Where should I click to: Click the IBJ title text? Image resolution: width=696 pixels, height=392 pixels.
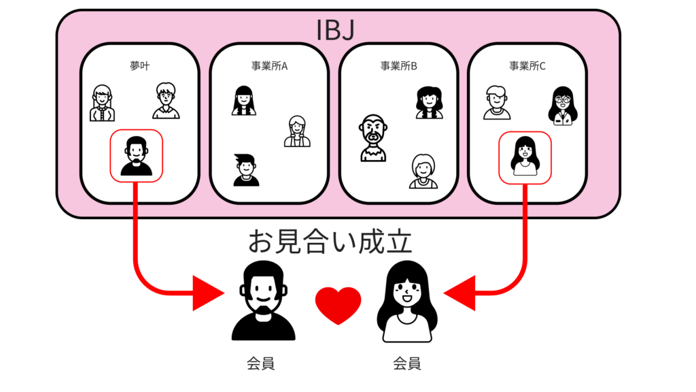(x=336, y=30)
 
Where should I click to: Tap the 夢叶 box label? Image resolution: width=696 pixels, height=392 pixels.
(x=140, y=66)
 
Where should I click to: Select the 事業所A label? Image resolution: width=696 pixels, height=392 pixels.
(x=269, y=66)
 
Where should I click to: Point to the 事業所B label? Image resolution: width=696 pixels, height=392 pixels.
(x=398, y=66)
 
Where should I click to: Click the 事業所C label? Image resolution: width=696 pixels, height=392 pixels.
(x=527, y=66)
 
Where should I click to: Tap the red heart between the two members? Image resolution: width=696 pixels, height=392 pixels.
(x=338, y=306)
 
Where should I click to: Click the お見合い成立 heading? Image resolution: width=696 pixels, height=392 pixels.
(x=330, y=242)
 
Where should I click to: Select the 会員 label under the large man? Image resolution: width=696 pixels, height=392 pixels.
(x=260, y=363)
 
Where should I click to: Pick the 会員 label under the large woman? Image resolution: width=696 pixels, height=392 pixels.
(x=407, y=363)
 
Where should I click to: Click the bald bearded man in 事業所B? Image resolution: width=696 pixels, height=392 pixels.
(x=373, y=137)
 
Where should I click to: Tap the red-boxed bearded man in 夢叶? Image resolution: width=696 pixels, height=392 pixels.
(x=136, y=156)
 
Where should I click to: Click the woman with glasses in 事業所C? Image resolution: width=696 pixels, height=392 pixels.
(x=563, y=105)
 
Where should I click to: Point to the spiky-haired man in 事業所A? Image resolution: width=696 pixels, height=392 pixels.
(x=246, y=169)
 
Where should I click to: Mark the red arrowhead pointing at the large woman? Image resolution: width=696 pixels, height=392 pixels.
(x=459, y=293)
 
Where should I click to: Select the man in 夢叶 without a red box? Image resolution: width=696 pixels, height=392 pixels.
(x=166, y=101)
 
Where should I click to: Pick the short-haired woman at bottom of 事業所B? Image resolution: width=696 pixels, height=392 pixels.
(x=423, y=171)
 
